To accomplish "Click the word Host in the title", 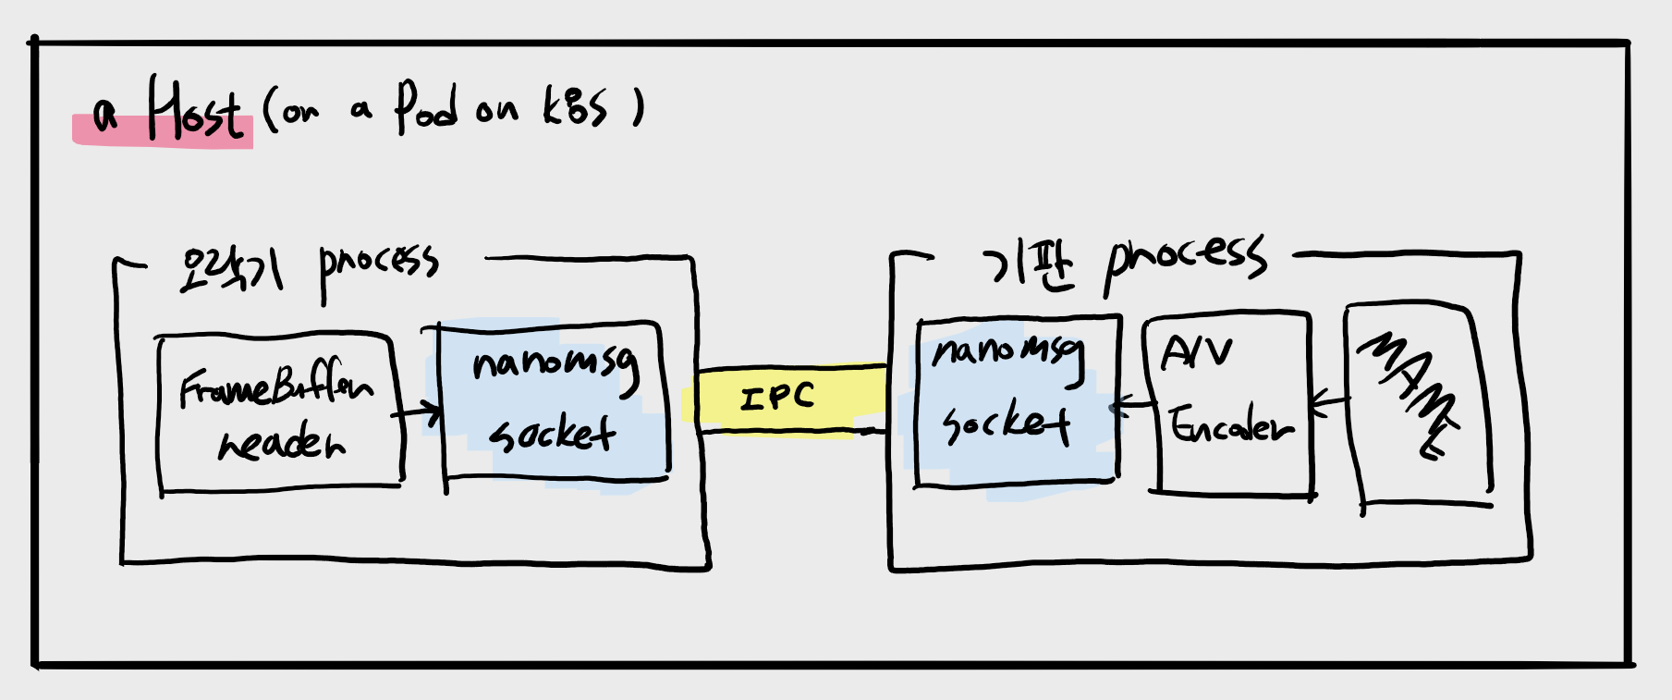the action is (196, 111).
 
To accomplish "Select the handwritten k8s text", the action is (574, 107).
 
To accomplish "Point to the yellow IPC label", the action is (777, 398).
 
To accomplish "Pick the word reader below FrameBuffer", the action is (281, 443).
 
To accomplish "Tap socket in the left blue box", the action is (553, 432).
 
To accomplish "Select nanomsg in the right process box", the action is (1008, 353).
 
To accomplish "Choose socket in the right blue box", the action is (1006, 424).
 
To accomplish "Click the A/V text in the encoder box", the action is (1197, 352).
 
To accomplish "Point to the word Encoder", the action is (1231, 426).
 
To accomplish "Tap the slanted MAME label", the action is (1409, 393).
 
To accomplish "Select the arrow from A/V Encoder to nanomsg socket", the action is (1132, 404).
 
